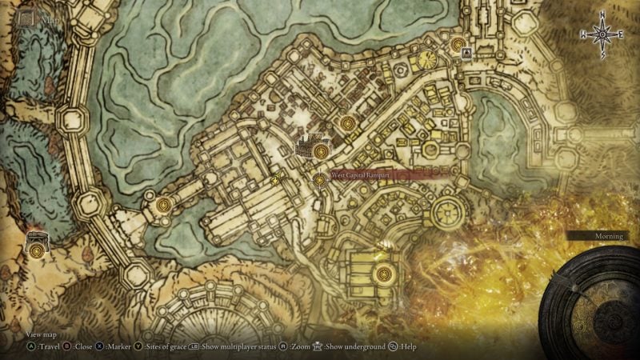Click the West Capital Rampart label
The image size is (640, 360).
click(x=358, y=175)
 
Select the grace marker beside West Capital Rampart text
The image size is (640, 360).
click(x=320, y=180)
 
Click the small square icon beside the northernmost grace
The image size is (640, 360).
click(x=466, y=53)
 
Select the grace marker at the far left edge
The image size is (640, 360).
click(x=38, y=250)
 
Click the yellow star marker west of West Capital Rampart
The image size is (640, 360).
click(x=276, y=182)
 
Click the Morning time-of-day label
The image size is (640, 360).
click(x=608, y=237)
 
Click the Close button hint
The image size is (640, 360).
click(x=81, y=347)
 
